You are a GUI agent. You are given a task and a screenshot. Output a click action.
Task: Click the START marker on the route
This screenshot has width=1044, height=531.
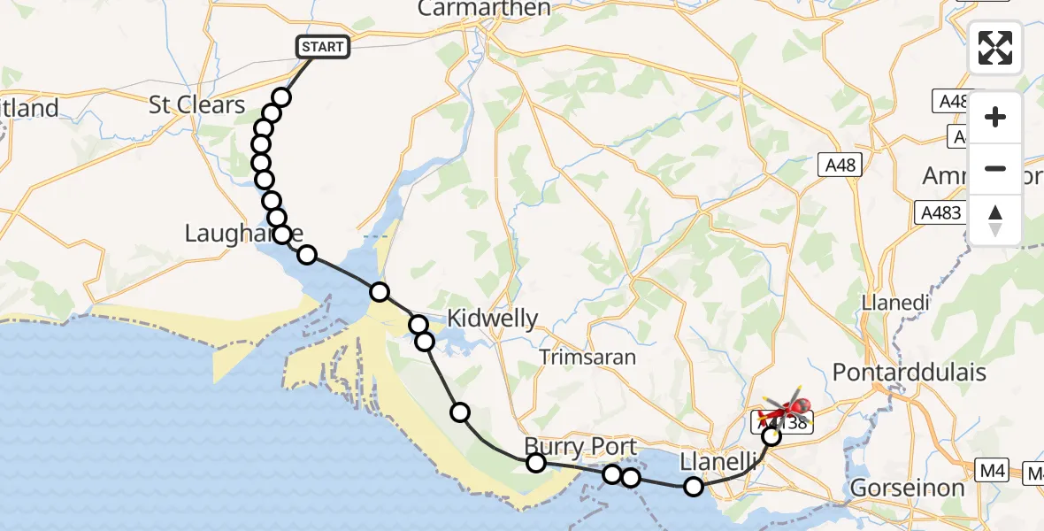click(323, 46)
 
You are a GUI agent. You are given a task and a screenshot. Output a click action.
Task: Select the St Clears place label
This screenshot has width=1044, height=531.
click(196, 104)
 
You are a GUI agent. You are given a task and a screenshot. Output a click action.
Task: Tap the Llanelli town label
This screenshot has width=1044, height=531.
click(719, 461)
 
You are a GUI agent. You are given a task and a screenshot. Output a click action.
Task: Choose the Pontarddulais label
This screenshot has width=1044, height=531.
click(909, 373)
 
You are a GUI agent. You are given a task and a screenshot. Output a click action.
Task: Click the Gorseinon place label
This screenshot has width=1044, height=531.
click(904, 488)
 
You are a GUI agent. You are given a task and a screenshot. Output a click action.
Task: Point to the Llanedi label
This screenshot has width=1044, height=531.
click(895, 303)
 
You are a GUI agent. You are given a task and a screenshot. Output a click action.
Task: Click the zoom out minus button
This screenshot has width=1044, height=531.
click(995, 168)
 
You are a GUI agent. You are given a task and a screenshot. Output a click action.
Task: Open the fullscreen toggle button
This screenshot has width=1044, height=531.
click(995, 48)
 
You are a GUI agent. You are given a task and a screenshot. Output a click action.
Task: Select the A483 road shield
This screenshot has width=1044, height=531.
click(938, 212)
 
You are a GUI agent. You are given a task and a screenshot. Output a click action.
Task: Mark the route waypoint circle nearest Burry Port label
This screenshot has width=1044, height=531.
click(535, 462)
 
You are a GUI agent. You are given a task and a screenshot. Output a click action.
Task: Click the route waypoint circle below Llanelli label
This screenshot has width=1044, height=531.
click(694, 486)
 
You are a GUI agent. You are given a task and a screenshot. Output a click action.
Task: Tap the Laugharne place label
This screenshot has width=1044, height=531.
click(242, 234)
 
